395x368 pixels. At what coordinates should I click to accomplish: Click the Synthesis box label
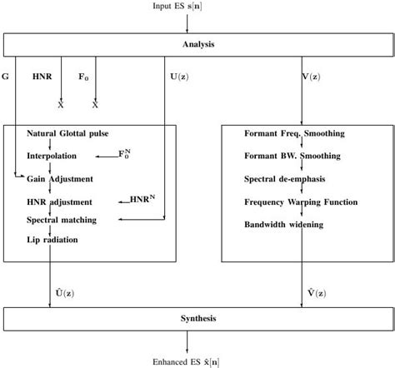tap(197, 319)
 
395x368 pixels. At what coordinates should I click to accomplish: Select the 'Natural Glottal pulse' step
tap(67, 133)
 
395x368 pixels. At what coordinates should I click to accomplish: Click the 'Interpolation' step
tap(51, 156)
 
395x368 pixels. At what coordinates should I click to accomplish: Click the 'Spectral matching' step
tap(62, 220)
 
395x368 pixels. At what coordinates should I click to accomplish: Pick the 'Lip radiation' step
tap(52, 240)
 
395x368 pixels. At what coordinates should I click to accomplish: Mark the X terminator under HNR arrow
tap(60, 105)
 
